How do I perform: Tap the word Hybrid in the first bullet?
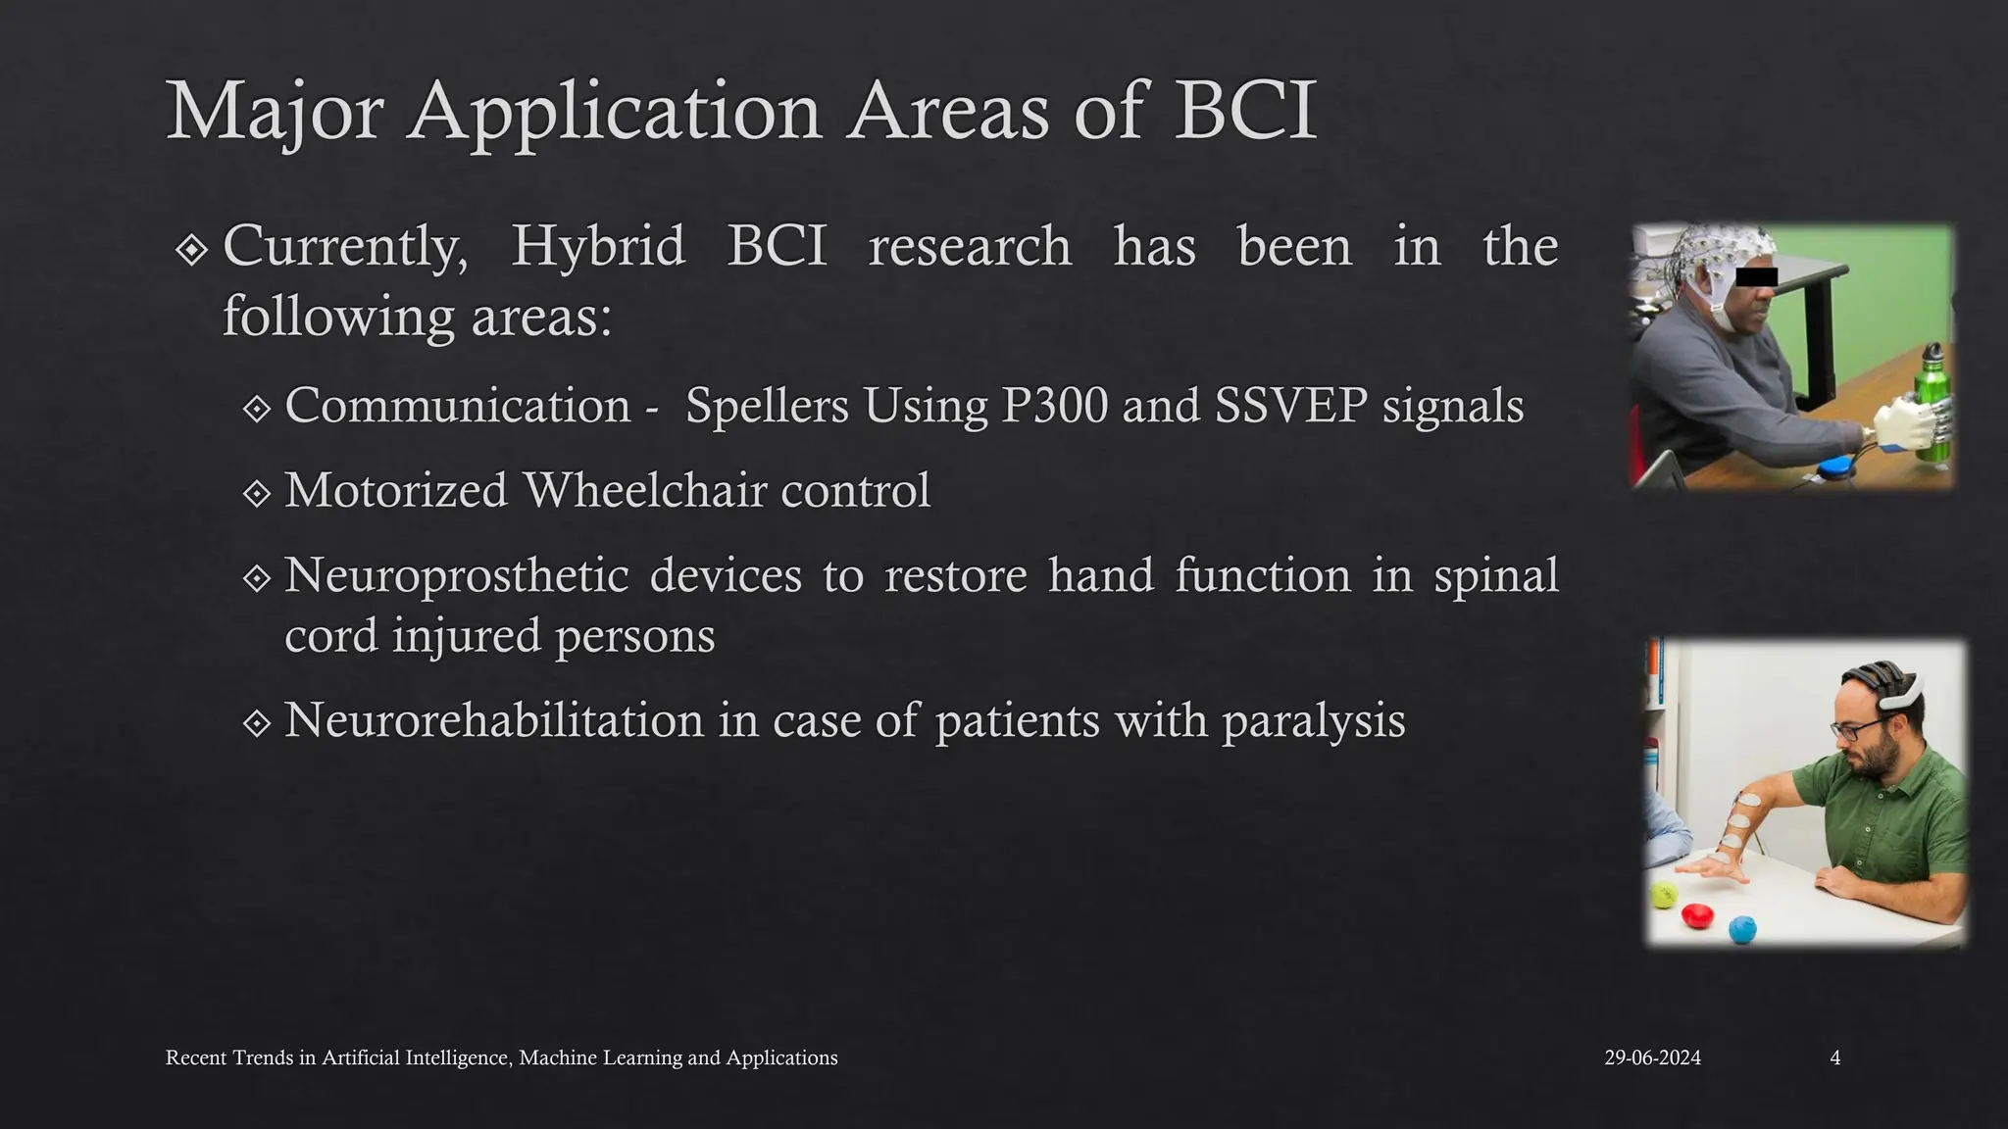click(x=598, y=246)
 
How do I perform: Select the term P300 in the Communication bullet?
click(x=1054, y=406)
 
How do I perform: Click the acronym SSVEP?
click(x=1290, y=406)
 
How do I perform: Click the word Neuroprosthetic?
click(x=456, y=575)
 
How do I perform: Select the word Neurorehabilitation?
click(x=493, y=720)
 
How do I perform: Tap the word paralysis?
click(x=1313, y=720)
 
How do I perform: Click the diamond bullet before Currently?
click(x=191, y=250)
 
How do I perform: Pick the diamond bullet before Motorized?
click(x=256, y=493)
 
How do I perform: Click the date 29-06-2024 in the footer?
click(x=1652, y=1058)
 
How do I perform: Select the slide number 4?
click(x=1834, y=1058)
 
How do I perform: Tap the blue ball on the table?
click(x=1741, y=928)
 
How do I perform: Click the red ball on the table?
click(x=1696, y=916)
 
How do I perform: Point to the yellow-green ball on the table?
click(x=1663, y=894)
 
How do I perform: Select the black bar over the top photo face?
click(x=1756, y=276)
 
